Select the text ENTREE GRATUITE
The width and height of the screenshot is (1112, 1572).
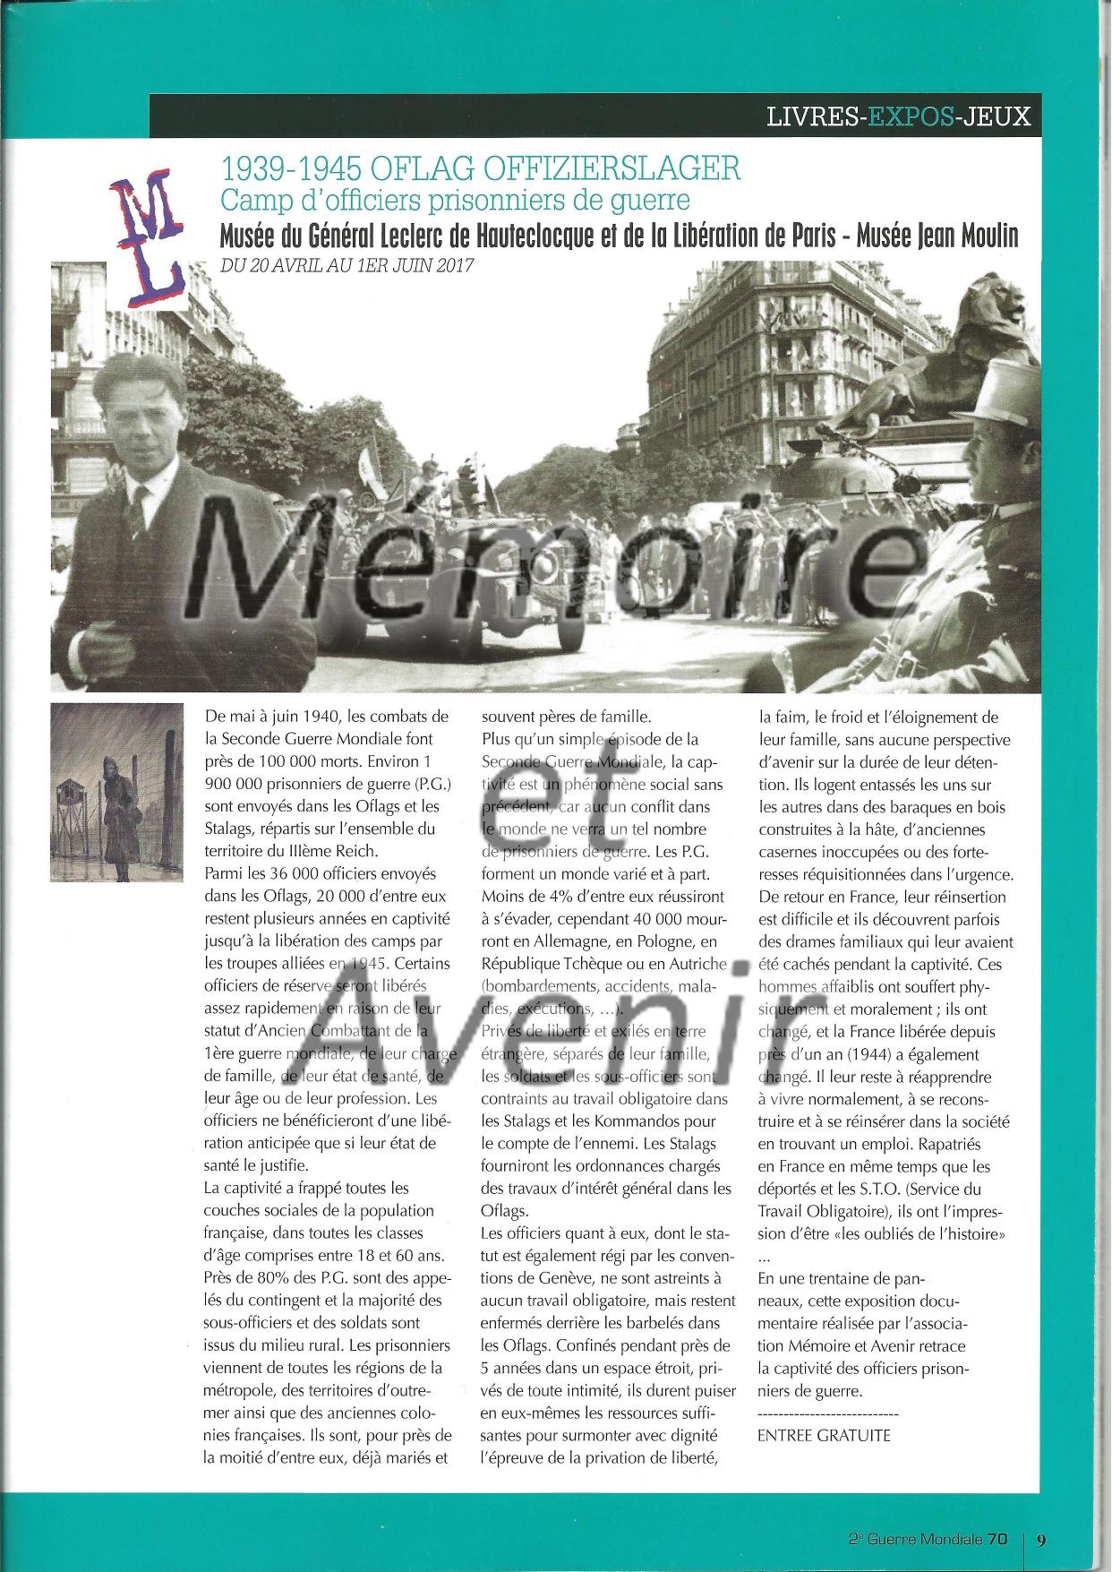824,1435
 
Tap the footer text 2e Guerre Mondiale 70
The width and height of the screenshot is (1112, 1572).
928,1540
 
